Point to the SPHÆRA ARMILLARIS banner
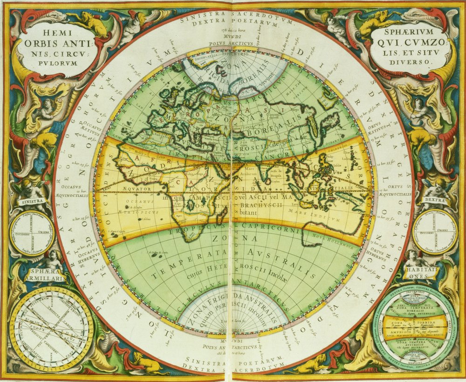(x=46, y=275)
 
